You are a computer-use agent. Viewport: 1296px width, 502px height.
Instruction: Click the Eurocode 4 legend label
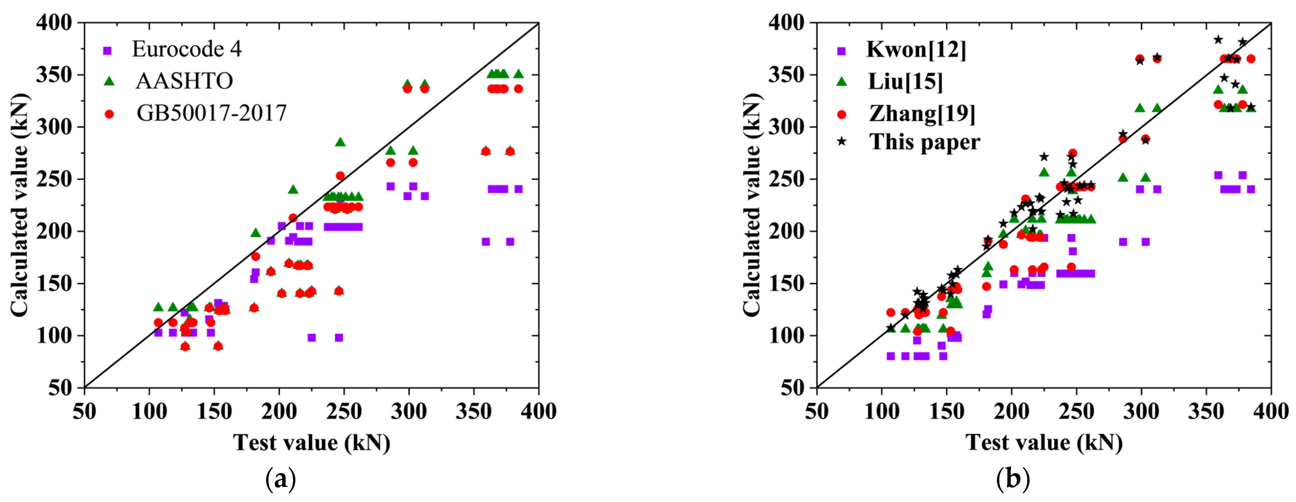coord(186,49)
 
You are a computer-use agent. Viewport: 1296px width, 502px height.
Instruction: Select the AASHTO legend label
coord(184,81)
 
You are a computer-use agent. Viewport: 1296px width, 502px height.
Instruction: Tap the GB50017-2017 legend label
coord(211,113)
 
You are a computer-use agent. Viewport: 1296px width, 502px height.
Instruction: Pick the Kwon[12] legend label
coord(916,49)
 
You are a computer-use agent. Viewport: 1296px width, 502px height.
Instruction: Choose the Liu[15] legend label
coord(905,82)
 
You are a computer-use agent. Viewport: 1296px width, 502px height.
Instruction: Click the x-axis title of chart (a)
coord(311,443)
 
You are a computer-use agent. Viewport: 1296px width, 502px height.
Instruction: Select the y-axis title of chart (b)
coord(752,205)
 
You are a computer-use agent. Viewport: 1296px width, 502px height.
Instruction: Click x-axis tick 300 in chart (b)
coord(1141,411)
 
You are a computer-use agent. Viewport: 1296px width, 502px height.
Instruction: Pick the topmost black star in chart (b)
coord(1218,40)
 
